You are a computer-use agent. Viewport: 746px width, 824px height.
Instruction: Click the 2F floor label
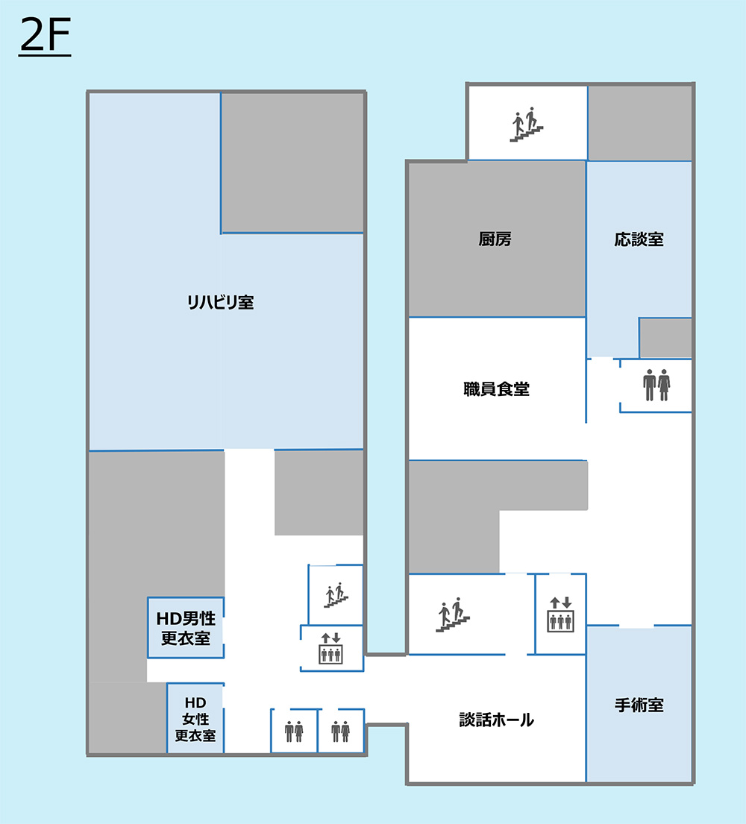point(45,36)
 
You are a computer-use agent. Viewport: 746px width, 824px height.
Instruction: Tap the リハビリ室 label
point(221,302)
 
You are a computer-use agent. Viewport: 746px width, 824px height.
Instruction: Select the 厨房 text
point(495,239)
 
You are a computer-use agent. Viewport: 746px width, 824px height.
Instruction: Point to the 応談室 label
point(639,239)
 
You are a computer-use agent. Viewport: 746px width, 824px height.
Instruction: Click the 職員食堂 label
point(496,389)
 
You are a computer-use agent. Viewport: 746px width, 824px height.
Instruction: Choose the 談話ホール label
point(496,720)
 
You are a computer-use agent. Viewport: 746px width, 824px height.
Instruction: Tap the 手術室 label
point(639,705)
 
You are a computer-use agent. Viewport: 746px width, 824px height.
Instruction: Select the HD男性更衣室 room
point(186,627)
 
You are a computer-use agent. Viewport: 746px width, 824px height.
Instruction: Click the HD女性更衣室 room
point(195,718)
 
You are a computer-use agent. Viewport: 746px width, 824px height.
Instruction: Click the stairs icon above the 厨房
point(526,125)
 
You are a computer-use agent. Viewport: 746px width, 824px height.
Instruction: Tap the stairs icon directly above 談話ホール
point(453,614)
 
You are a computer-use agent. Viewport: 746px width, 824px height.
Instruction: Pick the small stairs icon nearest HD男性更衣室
point(336,595)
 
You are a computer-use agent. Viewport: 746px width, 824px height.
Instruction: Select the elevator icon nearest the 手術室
point(560,614)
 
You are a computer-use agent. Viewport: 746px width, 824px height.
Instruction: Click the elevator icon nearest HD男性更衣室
point(330,649)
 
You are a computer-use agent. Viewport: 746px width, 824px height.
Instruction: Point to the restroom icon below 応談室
point(656,386)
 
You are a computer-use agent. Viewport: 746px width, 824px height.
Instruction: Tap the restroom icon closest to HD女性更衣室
point(294,731)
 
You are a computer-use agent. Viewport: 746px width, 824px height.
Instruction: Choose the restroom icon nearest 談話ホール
point(341,731)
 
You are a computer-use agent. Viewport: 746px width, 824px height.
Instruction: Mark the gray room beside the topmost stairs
point(640,123)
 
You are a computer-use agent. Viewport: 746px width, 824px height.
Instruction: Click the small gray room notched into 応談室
point(665,338)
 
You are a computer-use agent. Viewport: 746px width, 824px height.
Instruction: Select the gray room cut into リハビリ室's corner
point(292,163)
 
